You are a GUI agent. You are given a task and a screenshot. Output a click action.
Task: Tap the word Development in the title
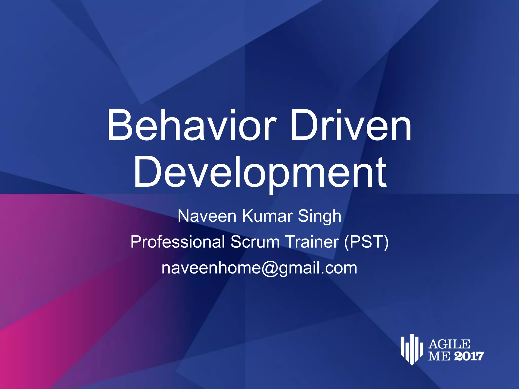pos(260,173)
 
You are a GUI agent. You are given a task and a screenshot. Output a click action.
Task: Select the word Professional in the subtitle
pos(178,242)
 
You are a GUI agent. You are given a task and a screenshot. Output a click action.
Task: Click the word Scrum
pos(255,242)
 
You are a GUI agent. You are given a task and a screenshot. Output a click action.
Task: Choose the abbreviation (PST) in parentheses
pos(366,242)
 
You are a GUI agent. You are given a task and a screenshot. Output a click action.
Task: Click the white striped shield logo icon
pos(412,349)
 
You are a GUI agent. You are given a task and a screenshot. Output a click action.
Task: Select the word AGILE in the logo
pos(449,344)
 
